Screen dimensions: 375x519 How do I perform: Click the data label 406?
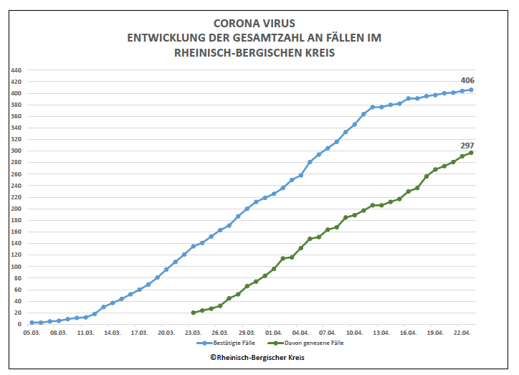point(467,80)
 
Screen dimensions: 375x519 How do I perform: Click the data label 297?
point(467,145)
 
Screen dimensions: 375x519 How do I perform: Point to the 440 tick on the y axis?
point(16,70)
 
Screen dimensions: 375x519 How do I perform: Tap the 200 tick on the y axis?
point(16,209)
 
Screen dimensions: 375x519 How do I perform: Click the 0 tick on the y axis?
point(20,324)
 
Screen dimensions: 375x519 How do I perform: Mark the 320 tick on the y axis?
point(16,139)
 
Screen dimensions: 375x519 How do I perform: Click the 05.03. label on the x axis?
point(32,333)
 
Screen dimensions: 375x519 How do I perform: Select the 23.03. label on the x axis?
point(193,333)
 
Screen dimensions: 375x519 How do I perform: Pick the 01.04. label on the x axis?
point(274,333)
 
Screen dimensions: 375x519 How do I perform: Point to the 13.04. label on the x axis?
point(381,333)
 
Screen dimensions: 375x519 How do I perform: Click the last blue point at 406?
point(471,90)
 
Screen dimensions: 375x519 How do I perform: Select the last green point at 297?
point(471,153)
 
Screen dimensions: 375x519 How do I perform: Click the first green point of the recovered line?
point(194,313)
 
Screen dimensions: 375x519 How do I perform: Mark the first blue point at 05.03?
point(32,323)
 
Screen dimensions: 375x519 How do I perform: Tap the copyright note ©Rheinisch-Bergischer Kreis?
point(257,357)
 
